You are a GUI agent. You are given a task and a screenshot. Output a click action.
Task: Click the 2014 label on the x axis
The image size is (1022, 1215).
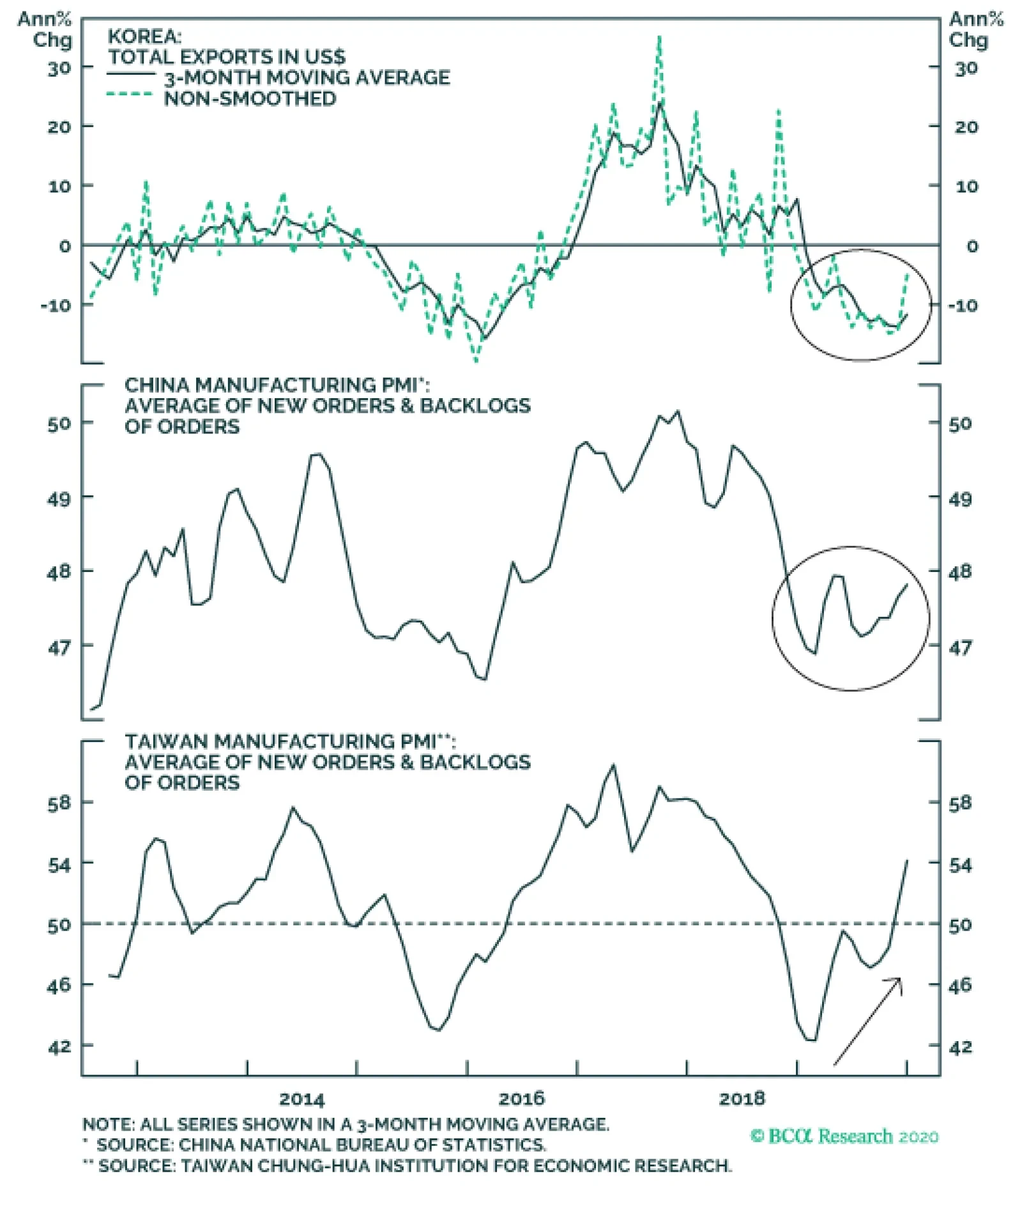(x=301, y=1099)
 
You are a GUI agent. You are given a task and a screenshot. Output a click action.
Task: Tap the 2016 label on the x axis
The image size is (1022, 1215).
(x=521, y=1099)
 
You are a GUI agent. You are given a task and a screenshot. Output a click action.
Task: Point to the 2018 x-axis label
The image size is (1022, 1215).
(x=741, y=1099)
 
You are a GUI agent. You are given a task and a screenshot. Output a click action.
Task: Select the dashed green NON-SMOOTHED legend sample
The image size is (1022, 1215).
(x=130, y=95)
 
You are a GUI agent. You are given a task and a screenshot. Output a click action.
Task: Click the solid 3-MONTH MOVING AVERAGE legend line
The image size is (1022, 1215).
(x=131, y=74)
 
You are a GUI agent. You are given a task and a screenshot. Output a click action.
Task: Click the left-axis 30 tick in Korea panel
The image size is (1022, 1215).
(x=59, y=68)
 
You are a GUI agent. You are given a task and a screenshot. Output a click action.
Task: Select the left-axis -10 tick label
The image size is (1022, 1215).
(x=56, y=305)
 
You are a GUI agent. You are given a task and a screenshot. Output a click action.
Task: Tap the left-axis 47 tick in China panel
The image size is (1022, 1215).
(x=59, y=647)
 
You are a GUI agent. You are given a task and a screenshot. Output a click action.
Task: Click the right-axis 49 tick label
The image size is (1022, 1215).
(x=960, y=499)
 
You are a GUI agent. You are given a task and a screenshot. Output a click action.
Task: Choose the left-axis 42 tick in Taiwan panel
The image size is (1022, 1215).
(x=59, y=1046)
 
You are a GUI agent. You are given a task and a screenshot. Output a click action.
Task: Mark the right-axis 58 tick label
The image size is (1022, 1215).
(x=960, y=803)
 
